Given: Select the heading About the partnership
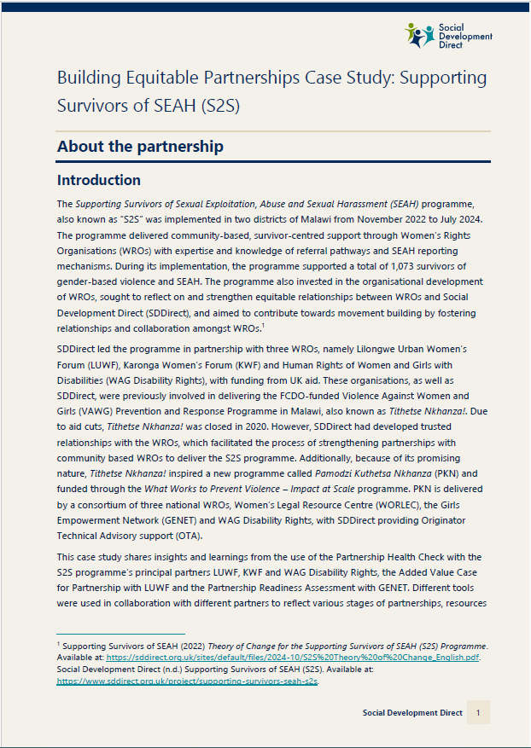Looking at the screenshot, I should [140, 147].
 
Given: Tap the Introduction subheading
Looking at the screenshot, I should [98, 180].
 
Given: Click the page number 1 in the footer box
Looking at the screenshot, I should [478, 713].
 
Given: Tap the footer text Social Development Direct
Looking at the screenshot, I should [412, 713].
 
